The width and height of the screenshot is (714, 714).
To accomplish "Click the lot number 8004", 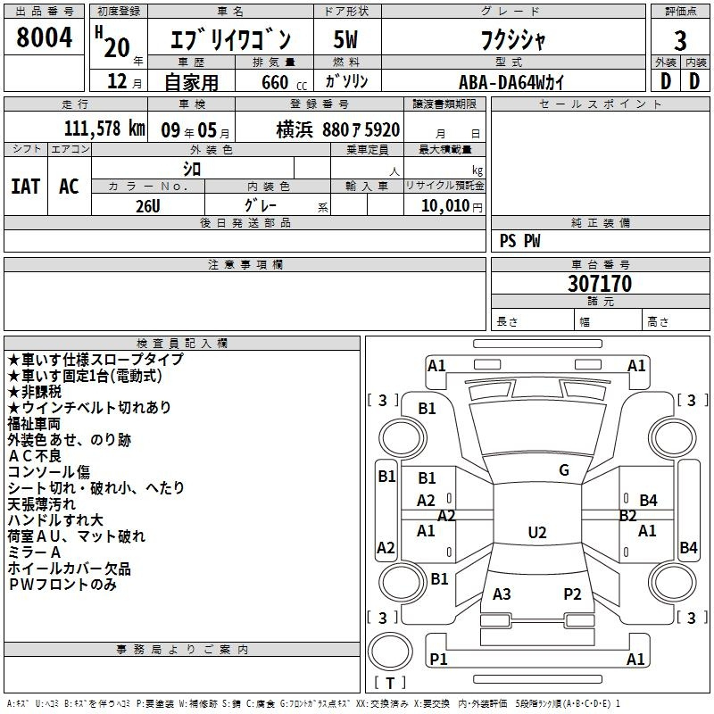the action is pyautogui.click(x=44, y=37).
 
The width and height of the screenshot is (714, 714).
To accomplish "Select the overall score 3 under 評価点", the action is pyautogui.click(x=680, y=40).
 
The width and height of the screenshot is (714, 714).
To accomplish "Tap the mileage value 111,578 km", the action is pyautogui.click(x=104, y=128).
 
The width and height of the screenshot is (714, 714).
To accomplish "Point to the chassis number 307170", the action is pyautogui.click(x=600, y=283).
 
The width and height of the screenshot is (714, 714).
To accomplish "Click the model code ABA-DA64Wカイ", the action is pyautogui.click(x=511, y=82).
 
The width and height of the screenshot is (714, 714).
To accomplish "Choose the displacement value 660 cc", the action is pyautogui.click(x=284, y=82).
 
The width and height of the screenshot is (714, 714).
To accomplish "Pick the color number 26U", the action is pyautogui.click(x=147, y=206).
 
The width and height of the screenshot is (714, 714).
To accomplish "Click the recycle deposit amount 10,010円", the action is pyautogui.click(x=452, y=206).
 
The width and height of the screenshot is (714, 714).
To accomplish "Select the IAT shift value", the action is pyautogui.click(x=26, y=187).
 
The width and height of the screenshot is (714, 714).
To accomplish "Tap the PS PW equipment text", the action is pyautogui.click(x=519, y=240).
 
